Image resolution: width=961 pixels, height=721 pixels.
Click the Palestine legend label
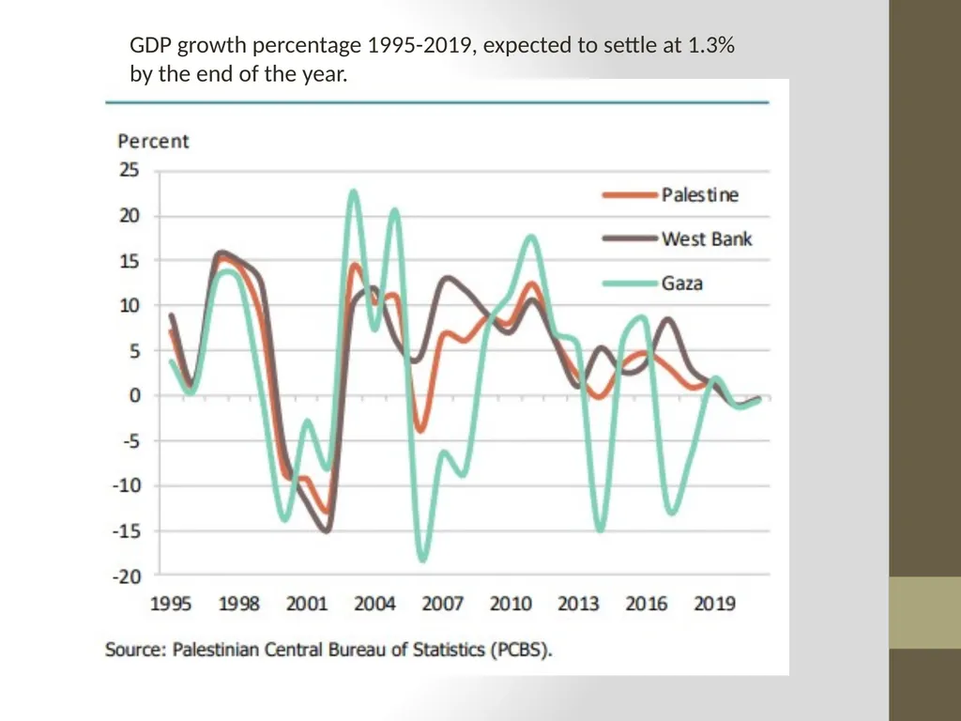[700, 195]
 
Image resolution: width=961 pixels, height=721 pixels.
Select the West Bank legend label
[707, 238]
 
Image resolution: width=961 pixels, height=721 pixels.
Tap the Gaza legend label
[682, 284]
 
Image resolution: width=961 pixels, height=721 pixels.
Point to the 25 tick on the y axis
[130, 170]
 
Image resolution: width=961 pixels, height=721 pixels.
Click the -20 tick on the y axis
[127, 576]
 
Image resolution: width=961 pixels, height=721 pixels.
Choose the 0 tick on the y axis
[135, 395]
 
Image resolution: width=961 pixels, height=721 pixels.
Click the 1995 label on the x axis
[171, 604]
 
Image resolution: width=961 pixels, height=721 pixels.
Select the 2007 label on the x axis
[443, 604]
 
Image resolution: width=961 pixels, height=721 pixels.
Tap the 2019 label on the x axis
[714, 604]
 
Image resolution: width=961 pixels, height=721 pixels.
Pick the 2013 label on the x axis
[578, 604]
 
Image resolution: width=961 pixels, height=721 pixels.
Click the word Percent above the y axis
[153, 141]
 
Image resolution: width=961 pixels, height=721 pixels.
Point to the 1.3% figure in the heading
[711, 45]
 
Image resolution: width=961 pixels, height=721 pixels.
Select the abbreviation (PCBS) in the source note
[521, 649]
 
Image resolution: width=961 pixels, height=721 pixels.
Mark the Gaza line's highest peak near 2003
[354, 192]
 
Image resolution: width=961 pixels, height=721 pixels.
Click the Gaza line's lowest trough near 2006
[423, 558]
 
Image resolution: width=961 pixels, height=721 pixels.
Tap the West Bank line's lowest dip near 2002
[327, 529]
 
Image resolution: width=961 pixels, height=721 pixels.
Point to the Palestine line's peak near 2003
[354, 266]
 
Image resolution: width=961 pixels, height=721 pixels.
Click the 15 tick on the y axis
[130, 261]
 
